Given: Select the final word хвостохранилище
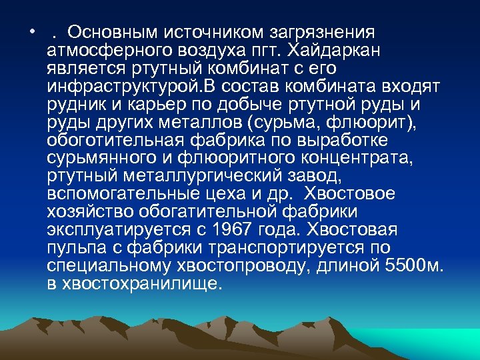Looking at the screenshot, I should click(141, 283).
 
